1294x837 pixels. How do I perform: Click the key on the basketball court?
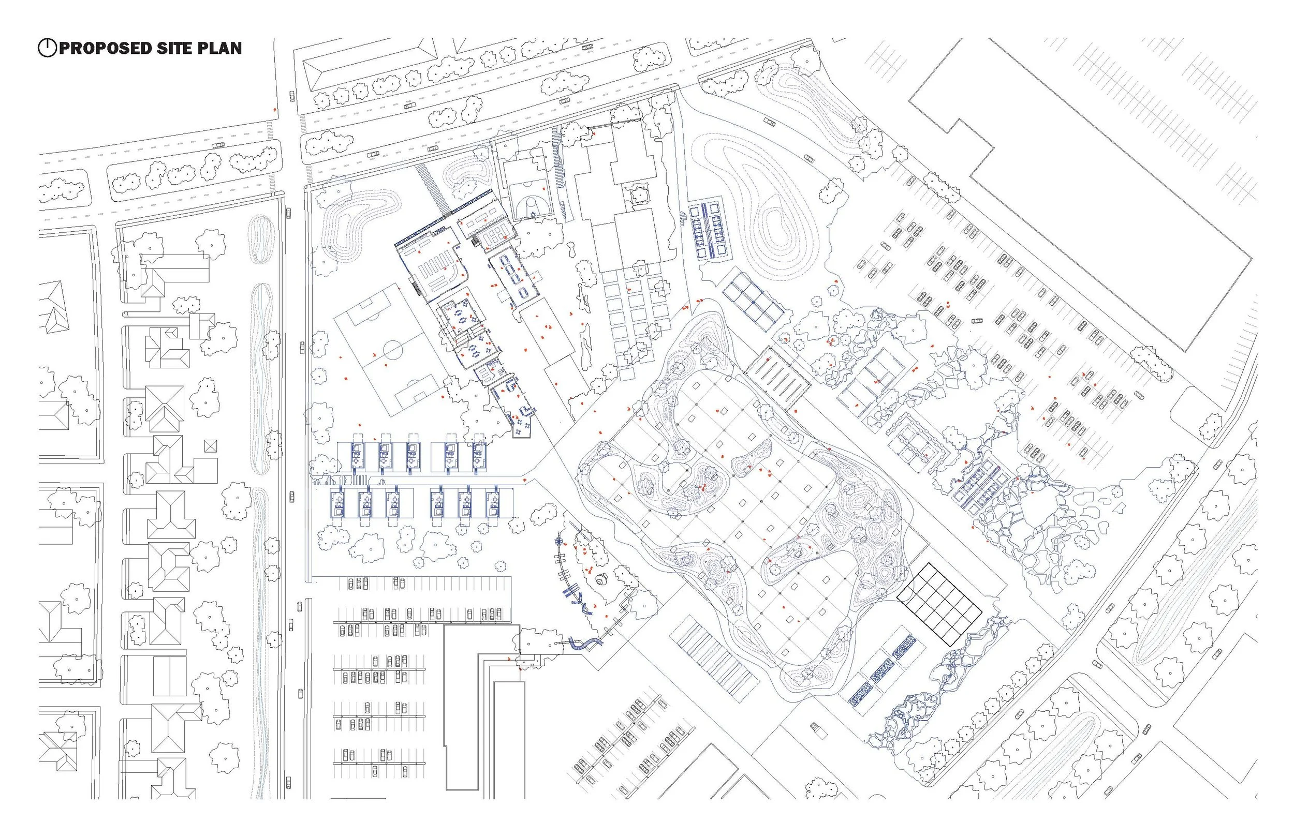(530, 207)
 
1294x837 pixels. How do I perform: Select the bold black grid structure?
(939, 604)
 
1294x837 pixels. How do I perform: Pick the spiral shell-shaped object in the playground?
(602, 579)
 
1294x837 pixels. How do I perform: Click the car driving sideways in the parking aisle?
(977, 321)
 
